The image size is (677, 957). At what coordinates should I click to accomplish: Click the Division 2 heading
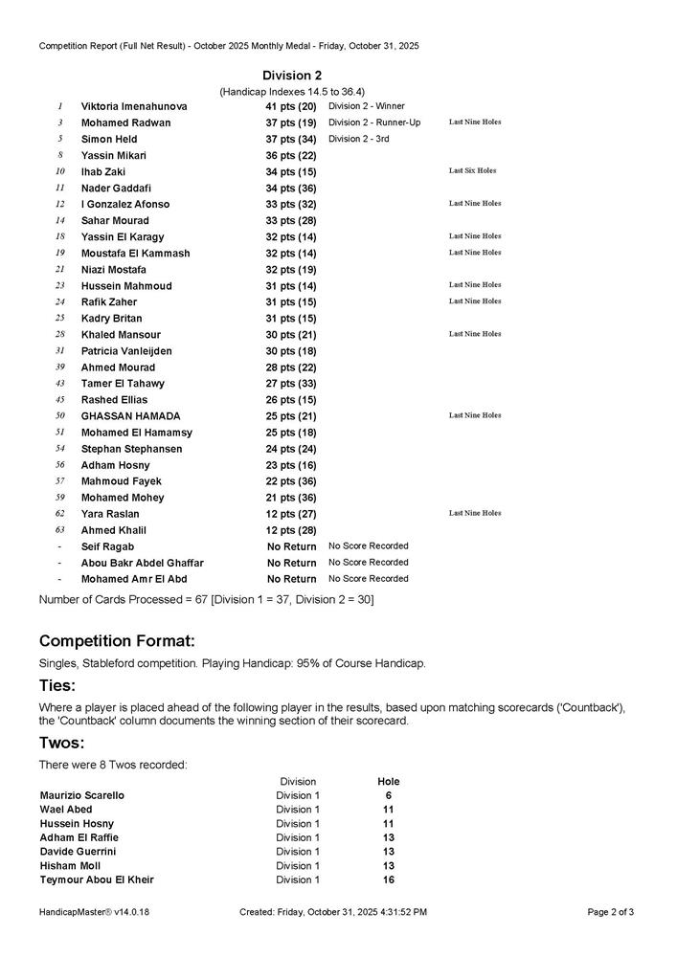[x=292, y=76]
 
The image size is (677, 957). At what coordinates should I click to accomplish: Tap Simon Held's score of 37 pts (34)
[x=290, y=139]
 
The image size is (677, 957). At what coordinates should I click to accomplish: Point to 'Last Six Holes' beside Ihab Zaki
[x=472, y=171]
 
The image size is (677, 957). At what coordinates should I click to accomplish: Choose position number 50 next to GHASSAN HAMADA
[x=59, y=416]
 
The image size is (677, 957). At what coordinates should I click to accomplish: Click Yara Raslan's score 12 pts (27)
[x=290, y=514]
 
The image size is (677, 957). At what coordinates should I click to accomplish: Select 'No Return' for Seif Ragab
[x=291, y=546]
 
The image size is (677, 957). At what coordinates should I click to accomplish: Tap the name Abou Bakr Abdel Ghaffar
[x=142, y=563]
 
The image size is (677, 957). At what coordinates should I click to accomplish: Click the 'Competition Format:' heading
[x=117, y=640]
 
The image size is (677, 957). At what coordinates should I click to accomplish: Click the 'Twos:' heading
[x=61, y=744]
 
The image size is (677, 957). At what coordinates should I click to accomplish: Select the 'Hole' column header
[x=389, y=782]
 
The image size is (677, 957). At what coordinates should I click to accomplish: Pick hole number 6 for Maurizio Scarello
[x=389, y=795]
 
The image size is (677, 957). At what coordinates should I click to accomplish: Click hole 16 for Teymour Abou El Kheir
[x=389, y=879]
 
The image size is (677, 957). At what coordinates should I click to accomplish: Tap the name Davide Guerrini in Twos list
[x=78, y=852]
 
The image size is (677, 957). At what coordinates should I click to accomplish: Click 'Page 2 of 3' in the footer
[x=610, y=912]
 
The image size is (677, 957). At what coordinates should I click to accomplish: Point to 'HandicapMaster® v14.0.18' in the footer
[x=94, y=912]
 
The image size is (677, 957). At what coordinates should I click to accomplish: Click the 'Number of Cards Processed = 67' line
[x=206, y=599]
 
